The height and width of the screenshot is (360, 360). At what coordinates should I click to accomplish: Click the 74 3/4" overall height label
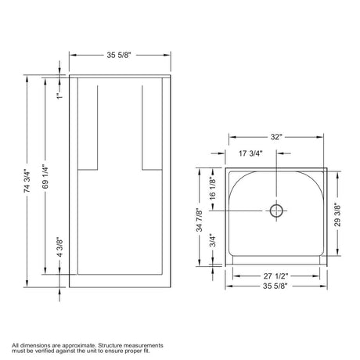[x=27, y=182]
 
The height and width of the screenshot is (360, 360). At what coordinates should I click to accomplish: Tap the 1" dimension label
[x=60, y=95]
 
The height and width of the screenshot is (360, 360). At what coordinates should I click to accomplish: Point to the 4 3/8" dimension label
[x=59, y=247]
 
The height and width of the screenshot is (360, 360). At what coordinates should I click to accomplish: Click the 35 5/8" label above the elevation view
[x=119, y=55]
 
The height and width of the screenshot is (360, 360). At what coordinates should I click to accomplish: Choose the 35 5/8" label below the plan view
[x=275, y=286]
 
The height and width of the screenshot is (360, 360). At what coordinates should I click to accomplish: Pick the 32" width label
[x=276, y=137]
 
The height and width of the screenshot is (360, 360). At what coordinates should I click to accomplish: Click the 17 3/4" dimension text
[x=250, y=153]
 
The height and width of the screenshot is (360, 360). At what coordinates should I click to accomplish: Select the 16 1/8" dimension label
[x=213, y=189]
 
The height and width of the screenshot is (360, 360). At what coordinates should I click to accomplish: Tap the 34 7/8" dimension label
[x=200, y=220]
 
